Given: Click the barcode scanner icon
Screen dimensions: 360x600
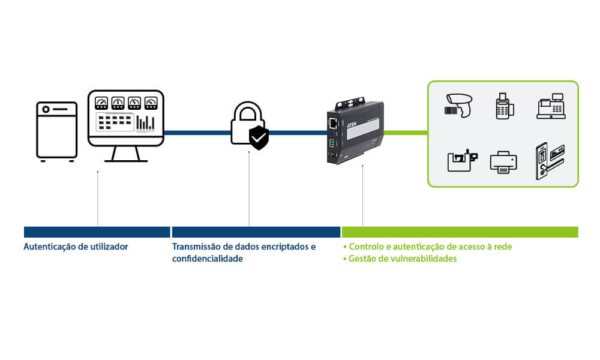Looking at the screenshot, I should click(x=460, y=105).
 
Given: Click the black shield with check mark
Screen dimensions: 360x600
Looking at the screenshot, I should click(x=259, y=138).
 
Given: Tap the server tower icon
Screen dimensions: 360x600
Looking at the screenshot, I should click(x=57, y=131).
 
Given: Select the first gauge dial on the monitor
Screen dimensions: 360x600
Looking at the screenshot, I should click(x=101, y=102).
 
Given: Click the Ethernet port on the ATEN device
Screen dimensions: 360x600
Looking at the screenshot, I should click(x=332, y=123).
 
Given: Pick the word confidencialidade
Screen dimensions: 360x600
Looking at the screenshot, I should click(x=208, y=259).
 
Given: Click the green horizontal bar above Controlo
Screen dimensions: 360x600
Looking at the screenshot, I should click(x=460, y=232).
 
